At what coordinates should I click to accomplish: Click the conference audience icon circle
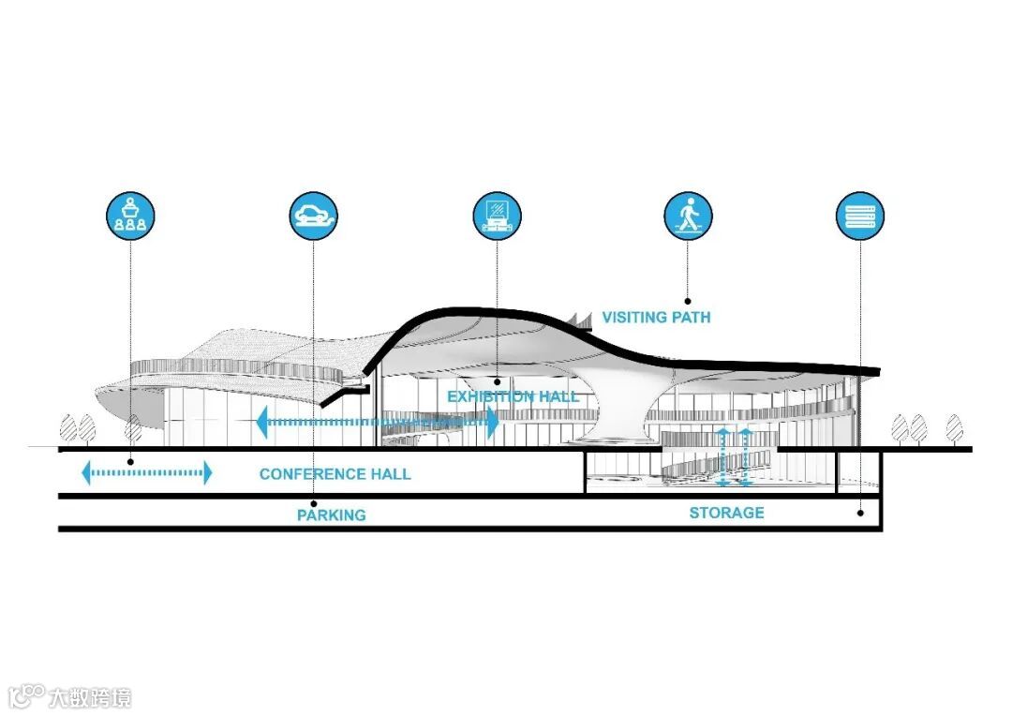(x=130, y=215)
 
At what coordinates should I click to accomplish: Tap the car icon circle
(x=313, y=215)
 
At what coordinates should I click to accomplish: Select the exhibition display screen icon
(x=497, y=215)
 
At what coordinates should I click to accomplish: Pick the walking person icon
(x=688, y=215)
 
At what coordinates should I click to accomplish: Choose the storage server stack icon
(x=860, y=215)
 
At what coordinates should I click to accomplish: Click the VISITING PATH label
(x=656, y=318)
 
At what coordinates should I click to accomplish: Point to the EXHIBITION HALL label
(x=513, y=396)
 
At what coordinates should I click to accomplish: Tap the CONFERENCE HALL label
(x=335, y=474)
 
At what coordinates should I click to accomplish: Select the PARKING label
(x=331, y=515)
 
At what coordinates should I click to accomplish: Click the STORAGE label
(x=726, y=513)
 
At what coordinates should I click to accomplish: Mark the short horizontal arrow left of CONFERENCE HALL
(x=147, y=472)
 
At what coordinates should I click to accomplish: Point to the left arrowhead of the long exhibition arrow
(x=261, y=422)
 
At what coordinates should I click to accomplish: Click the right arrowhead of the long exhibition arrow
(x=492, y=422)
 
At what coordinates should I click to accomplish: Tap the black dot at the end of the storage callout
(x=860, y=514)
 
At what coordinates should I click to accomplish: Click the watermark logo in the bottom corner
(x=69, y=696)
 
